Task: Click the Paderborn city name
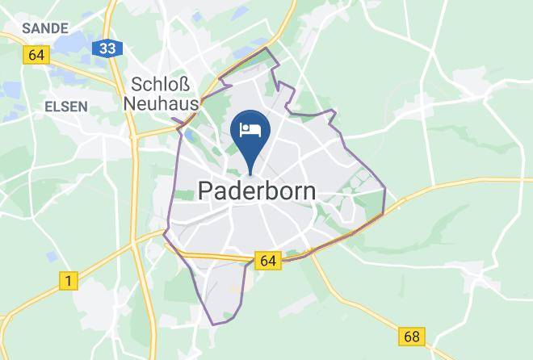(256, 192)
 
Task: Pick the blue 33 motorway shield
(107, 49)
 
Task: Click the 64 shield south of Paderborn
(268, 260)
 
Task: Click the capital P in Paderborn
(206, 192)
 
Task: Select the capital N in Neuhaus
(131, 103)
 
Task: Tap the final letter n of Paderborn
(308, 192)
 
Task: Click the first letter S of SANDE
(26, 28)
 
